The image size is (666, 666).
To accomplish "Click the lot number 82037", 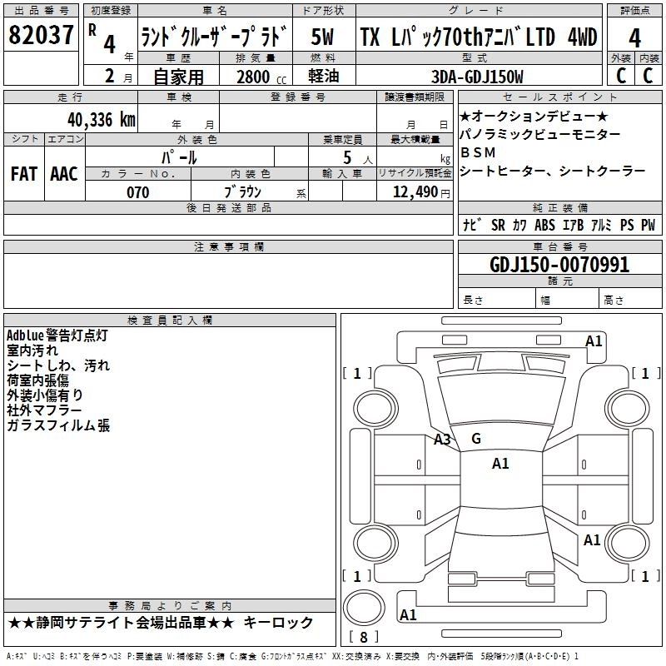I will tap(41, 37).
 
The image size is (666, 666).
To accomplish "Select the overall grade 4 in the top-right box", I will tap(634, 37).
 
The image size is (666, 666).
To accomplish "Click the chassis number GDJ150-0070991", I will tap(559, 265).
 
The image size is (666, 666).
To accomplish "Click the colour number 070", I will tap(137, 192).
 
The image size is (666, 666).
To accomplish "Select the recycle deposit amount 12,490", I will tap(414, 192).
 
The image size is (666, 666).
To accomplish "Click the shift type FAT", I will tap(23, 173).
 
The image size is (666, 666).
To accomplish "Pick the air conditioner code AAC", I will tap(63, 173).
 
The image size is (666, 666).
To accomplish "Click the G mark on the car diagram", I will tap(476, 439).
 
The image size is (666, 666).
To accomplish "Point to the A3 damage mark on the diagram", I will tap(442, 440).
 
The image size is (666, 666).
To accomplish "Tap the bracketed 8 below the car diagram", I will tap(362, 638).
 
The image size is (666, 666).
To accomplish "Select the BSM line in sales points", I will tap(477, 152).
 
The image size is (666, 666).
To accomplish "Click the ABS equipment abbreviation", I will tap(544, 225).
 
